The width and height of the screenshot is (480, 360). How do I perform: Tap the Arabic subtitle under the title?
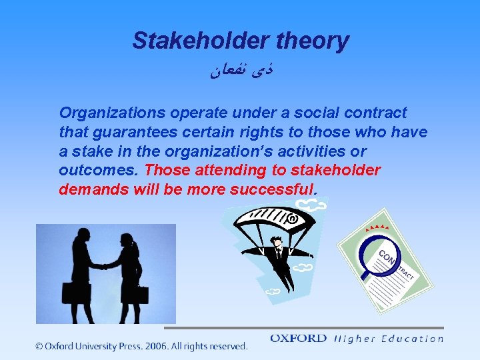[239, 68]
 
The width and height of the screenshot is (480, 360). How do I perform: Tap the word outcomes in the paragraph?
[97, 171]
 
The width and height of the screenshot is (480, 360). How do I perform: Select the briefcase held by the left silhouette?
[71, 293]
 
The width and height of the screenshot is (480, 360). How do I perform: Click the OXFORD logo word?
[298, 339]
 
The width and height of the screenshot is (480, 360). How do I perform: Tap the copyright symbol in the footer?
[39, 346]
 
